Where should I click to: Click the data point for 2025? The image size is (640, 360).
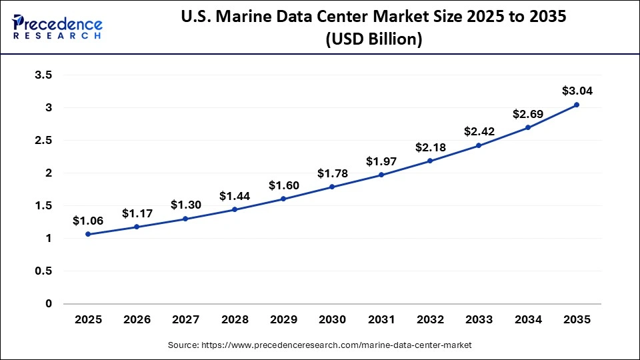point(88,234)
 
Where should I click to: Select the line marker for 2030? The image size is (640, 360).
point(332,187)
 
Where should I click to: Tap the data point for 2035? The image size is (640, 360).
point(577,105)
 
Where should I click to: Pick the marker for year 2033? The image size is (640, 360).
point(479,145)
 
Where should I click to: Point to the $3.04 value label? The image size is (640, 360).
point(577,91)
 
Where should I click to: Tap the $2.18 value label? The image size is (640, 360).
point(429,147)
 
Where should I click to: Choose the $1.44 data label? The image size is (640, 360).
point(234,196)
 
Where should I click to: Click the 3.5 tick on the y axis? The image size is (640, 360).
point(43,75)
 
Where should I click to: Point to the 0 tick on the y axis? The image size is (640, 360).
point(48,304)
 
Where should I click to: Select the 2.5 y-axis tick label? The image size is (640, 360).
point(43,141)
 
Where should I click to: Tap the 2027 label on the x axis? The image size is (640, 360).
point(185,321)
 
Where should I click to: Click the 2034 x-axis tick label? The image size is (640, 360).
point(527,321)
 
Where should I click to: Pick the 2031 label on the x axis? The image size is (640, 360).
point(381,321)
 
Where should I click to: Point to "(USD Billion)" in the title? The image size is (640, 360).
point(373,39)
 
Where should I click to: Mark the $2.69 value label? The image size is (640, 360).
point(527,114)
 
